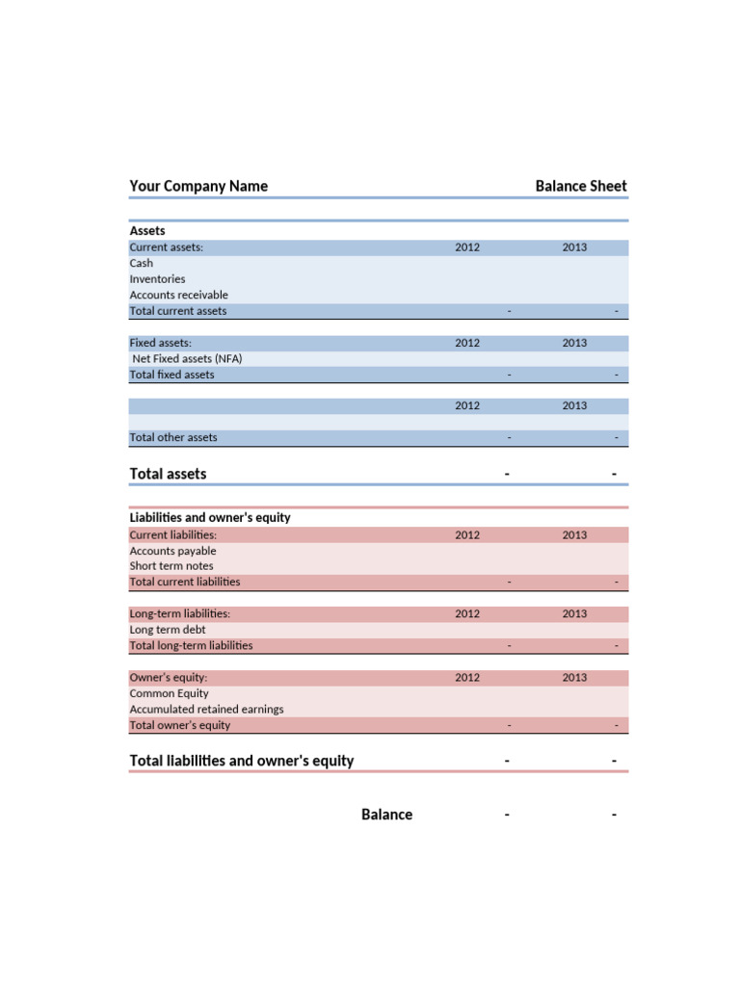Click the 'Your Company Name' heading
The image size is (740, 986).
(198, 186)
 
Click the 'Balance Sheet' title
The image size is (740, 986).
(580, 186)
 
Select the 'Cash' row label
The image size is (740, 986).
(142, 263)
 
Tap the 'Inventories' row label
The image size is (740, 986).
(157, 279)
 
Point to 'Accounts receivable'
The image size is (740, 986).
(178, 295)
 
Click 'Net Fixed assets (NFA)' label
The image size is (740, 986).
(187, 358)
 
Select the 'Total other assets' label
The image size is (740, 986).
(173, 437)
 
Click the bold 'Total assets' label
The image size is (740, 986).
(168, 474)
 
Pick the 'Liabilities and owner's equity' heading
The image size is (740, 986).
(210, 517)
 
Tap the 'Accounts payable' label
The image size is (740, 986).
(172, 551)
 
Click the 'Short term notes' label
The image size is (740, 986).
(172, 566)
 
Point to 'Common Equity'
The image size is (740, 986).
(169, 693)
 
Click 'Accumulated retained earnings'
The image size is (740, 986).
(206, 709)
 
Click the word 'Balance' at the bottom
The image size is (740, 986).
(386, 815)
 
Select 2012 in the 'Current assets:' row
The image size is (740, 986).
(467, 247)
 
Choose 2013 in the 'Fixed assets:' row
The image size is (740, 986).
(574, 343)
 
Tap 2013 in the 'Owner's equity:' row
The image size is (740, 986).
(574, 677)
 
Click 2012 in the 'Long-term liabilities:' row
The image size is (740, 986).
(467, 613)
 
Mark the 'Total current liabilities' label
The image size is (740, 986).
(185, 582)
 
